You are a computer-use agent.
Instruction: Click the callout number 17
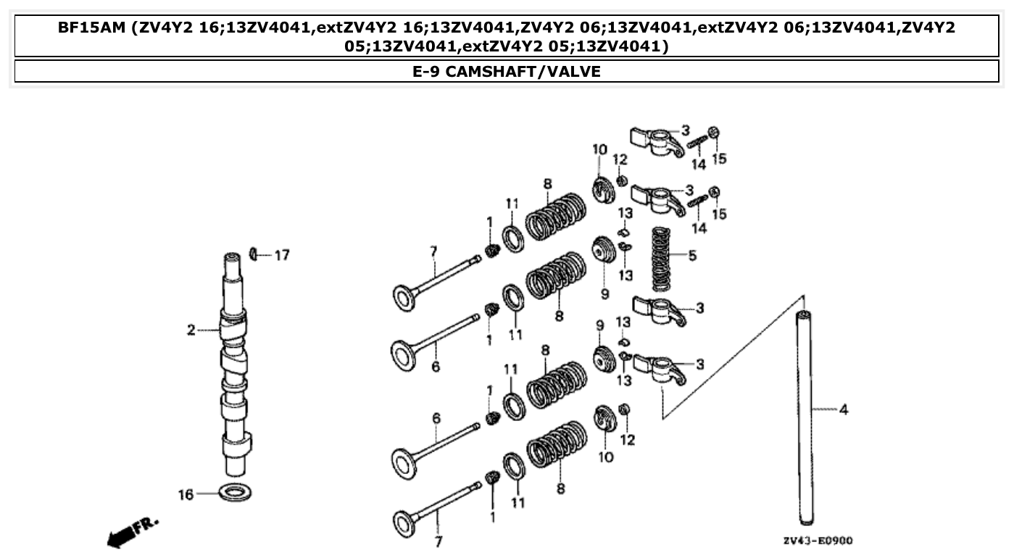point(281,255)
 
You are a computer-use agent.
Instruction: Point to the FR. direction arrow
point(132,532)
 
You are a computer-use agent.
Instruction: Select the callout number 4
point(843,410)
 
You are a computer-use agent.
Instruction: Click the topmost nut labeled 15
point(714,133)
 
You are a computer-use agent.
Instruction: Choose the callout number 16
point(186,495)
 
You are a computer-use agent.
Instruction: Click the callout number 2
point(191,330)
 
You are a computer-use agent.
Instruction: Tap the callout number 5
point(692,256)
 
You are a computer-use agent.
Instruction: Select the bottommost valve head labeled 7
point(404,522)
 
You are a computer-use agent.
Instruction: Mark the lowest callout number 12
point(628,439)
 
